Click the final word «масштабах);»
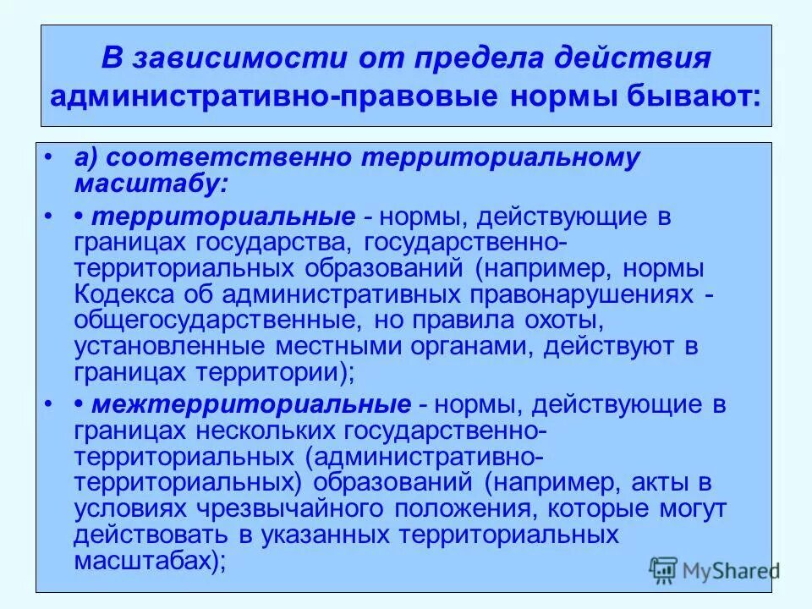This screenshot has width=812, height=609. (151, 561)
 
